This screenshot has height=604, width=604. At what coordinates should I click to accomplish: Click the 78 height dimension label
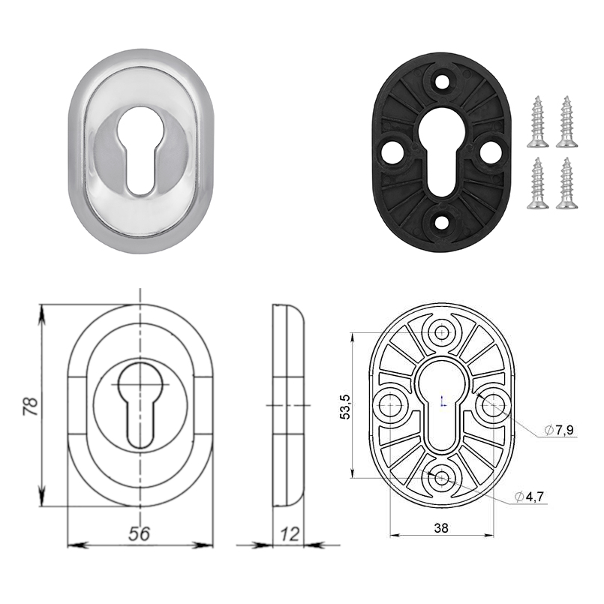coord(31,406)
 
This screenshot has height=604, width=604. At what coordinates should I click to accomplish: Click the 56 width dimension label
coord(139,533)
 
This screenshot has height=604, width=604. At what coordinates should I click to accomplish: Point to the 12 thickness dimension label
coord(290,534)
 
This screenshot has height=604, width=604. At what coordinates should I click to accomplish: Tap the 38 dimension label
coord(441,527)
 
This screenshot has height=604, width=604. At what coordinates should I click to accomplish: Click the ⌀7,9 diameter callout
coord(559,430)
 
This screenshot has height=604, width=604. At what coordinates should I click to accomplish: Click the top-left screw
coord(537,122)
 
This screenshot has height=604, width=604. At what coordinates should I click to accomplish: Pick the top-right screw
coord(566,122)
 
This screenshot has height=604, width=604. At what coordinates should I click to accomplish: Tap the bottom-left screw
coord(537,183)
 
